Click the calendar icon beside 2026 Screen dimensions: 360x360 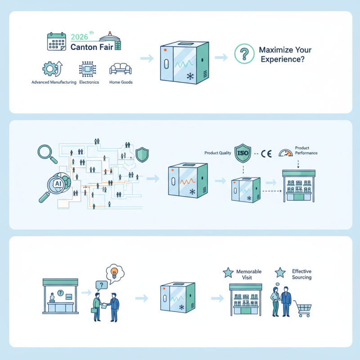(56, 41)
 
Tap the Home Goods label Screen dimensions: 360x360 (121, 83)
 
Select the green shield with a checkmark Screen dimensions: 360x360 (142, 154)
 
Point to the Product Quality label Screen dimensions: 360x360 (217, 153)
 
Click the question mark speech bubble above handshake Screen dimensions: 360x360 (101, 285)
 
